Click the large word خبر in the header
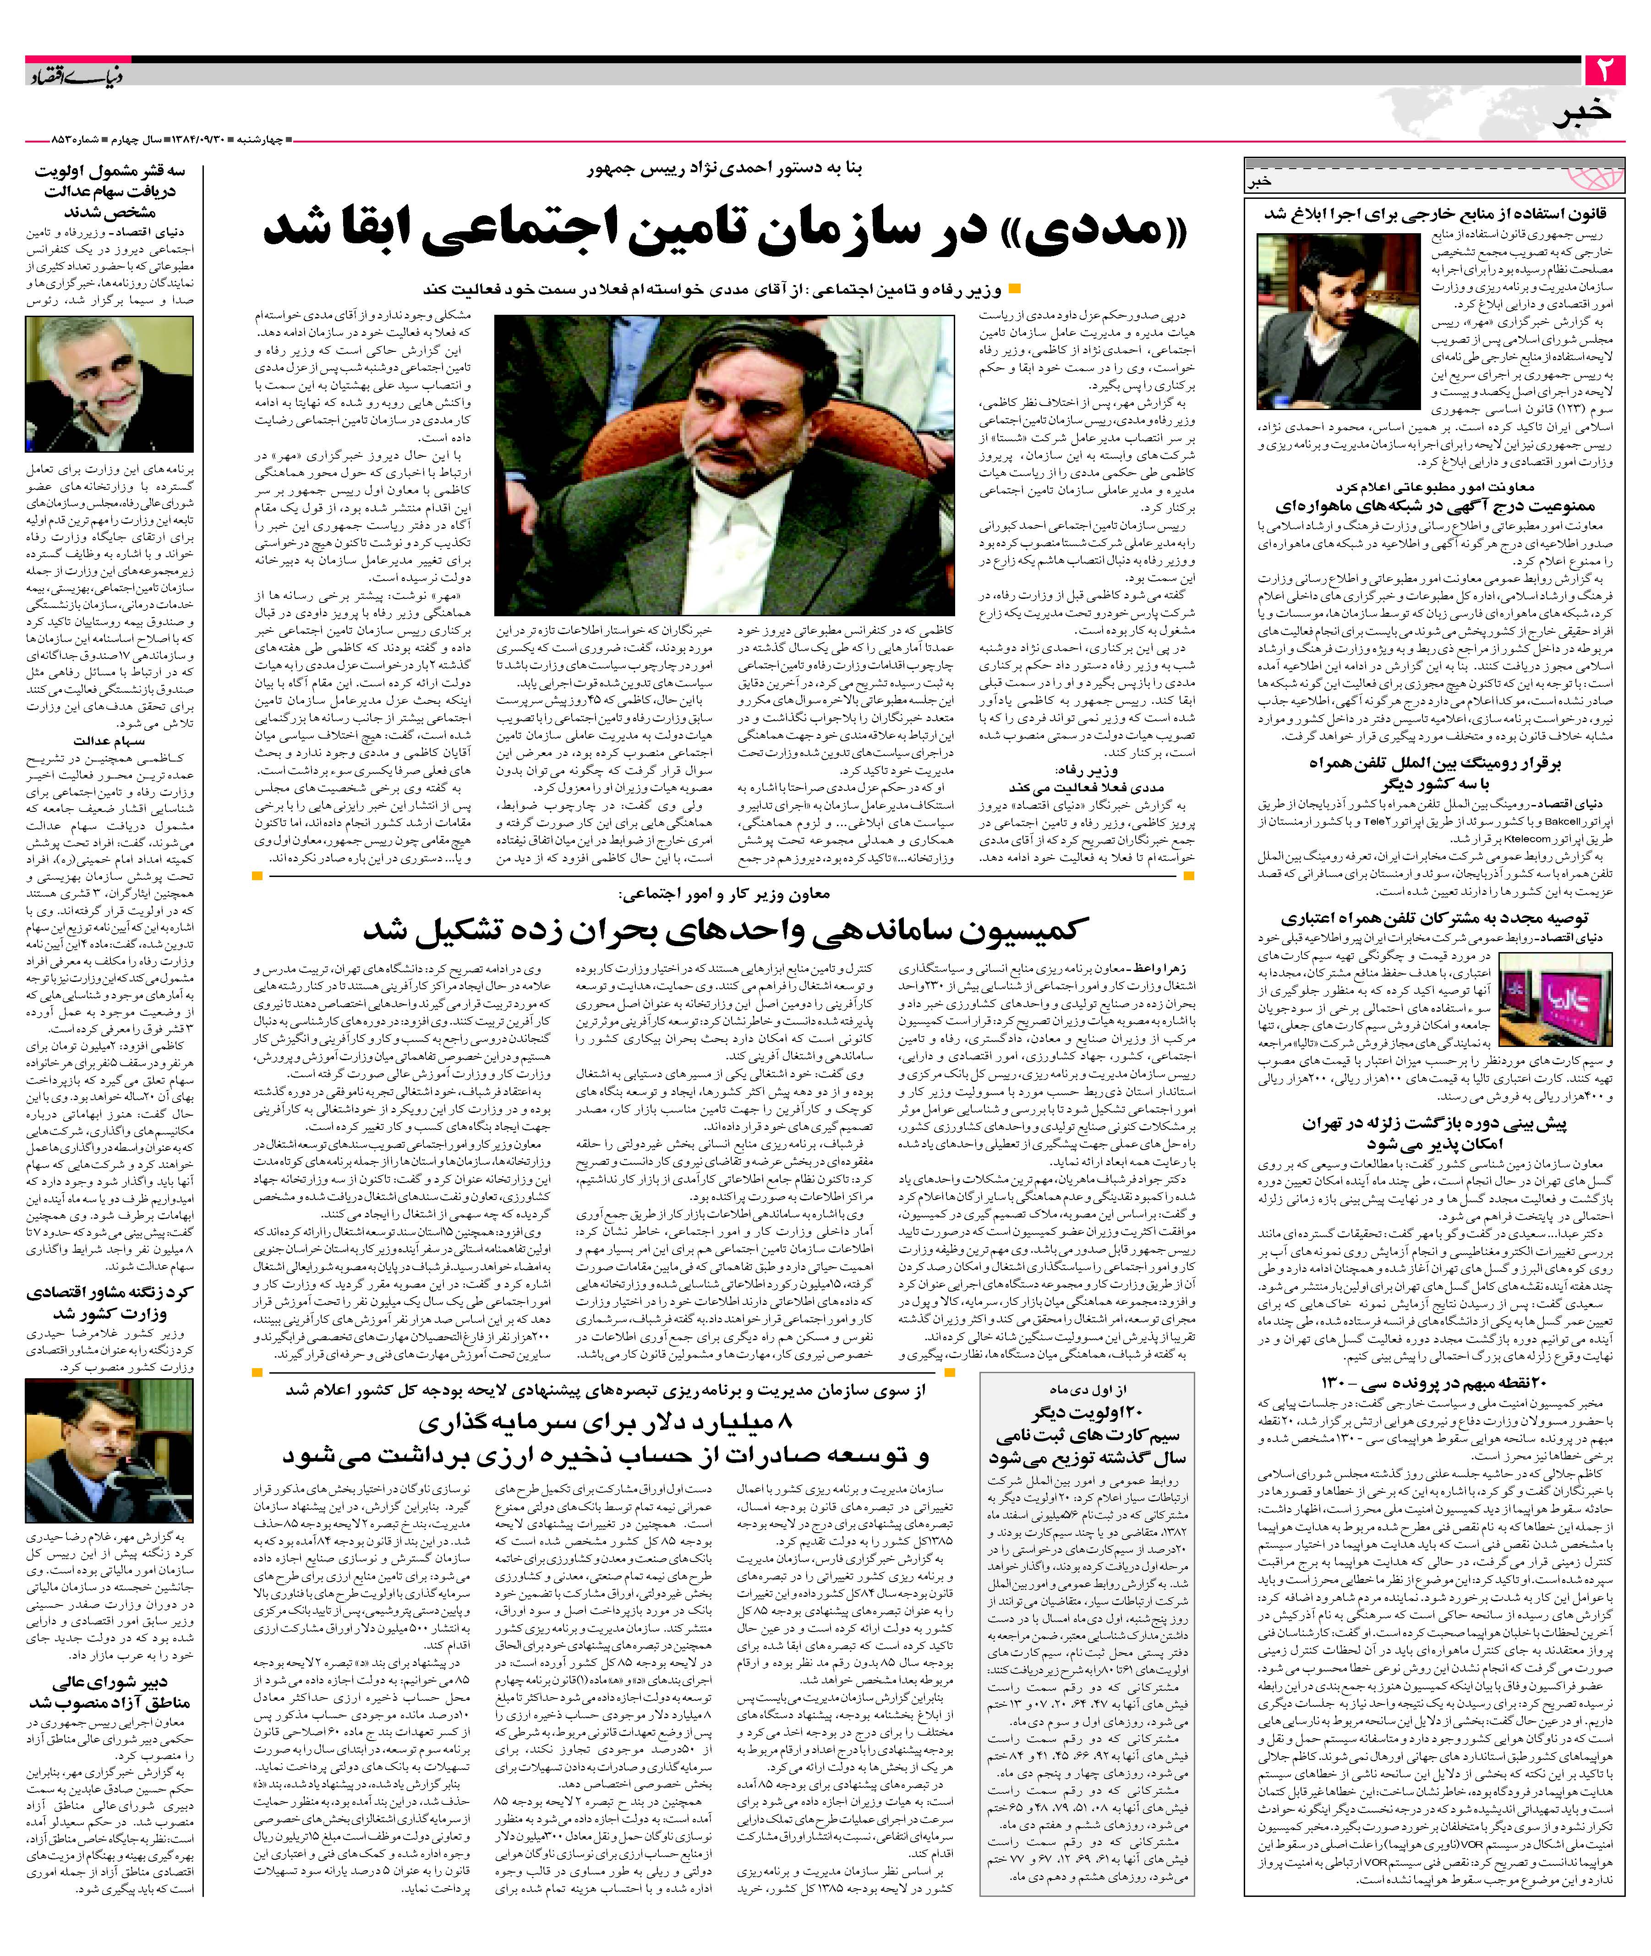(x=1582, y=113)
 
